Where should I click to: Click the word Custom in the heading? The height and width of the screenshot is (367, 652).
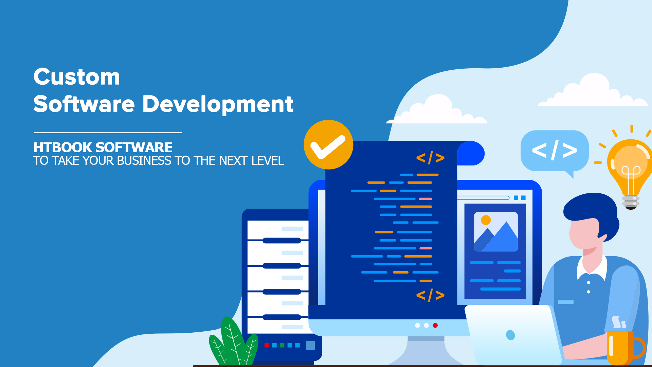tap(77, 77)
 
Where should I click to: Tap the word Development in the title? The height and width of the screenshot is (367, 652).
tap(218, 104)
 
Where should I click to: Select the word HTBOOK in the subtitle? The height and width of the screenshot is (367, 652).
tap(63, 147)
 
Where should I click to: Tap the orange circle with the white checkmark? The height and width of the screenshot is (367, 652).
tap(328, 145)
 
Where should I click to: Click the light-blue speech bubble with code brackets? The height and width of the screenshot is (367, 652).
tap(554, 151)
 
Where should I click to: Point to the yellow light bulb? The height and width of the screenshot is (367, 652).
tap(631, 170)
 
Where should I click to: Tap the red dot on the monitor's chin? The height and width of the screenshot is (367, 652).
tap(435, 326)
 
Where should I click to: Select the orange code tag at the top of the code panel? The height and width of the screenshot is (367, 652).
tap(430, 158)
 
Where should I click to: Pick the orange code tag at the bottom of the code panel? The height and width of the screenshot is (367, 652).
tap(430, 295)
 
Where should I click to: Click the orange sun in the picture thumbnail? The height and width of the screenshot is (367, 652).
tap(486, 220)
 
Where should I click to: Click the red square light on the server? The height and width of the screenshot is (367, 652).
tap(267, 345)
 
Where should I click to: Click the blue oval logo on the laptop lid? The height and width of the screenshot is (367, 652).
tap(510, 335)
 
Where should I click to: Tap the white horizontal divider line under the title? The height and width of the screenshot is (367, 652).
tap(108, 133)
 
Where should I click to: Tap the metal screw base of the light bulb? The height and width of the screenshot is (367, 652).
tap(631, 203)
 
